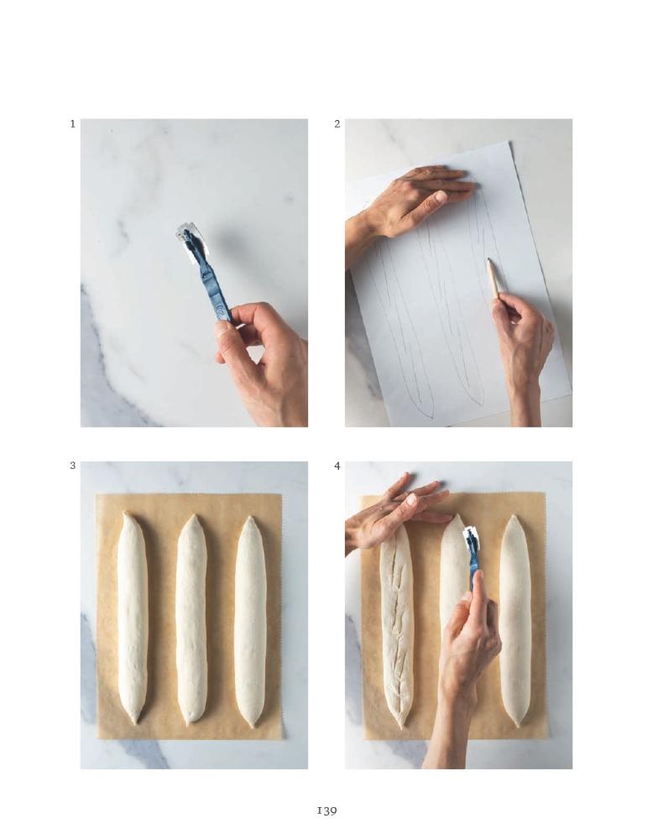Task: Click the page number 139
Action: coord(326,810)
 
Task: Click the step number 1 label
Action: coord(72,123)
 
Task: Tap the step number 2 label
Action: coord(337,123)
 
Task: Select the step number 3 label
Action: coord(72,466)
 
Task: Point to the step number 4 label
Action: coord(337,466)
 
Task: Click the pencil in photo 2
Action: coord(494,278)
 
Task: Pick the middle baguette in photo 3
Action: coord(191,618)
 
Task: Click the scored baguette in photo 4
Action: coord(397,626)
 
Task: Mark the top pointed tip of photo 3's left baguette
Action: coord(125,513)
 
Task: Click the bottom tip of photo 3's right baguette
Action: coord(251,726)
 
